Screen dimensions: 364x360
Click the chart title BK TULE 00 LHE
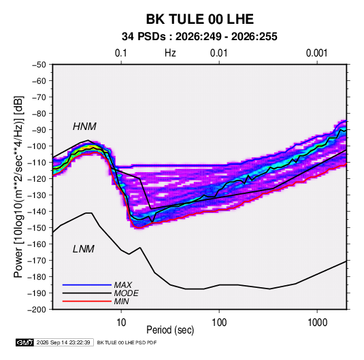pos(199,19)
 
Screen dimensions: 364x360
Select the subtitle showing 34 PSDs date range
pos(199,37)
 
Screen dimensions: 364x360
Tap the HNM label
pos(84,127)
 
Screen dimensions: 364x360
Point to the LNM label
pos(84,249)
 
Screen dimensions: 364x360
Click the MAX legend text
pos(123,284)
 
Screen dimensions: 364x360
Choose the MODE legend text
pos(127,293)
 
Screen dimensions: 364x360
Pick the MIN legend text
pos(121,301)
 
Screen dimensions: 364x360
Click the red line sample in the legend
pos(87,301)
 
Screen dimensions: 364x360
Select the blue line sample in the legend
pos(87,284)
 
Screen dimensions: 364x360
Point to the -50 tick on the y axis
pos(39,65)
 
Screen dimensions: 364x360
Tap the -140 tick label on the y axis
pos(37,212)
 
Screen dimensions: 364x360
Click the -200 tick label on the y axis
pos(37,310)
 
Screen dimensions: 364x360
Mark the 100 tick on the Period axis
pos(219,322)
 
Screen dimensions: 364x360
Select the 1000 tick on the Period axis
pos(317,322)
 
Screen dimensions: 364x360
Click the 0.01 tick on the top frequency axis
pos(218,53)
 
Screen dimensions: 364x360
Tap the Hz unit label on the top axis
pos(170,53)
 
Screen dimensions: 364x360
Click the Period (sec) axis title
pos(170,330)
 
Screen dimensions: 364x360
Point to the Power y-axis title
pos(18,186)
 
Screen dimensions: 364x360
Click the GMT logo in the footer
pos(24,342)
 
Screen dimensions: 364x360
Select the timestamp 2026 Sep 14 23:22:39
pos(63,342)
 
